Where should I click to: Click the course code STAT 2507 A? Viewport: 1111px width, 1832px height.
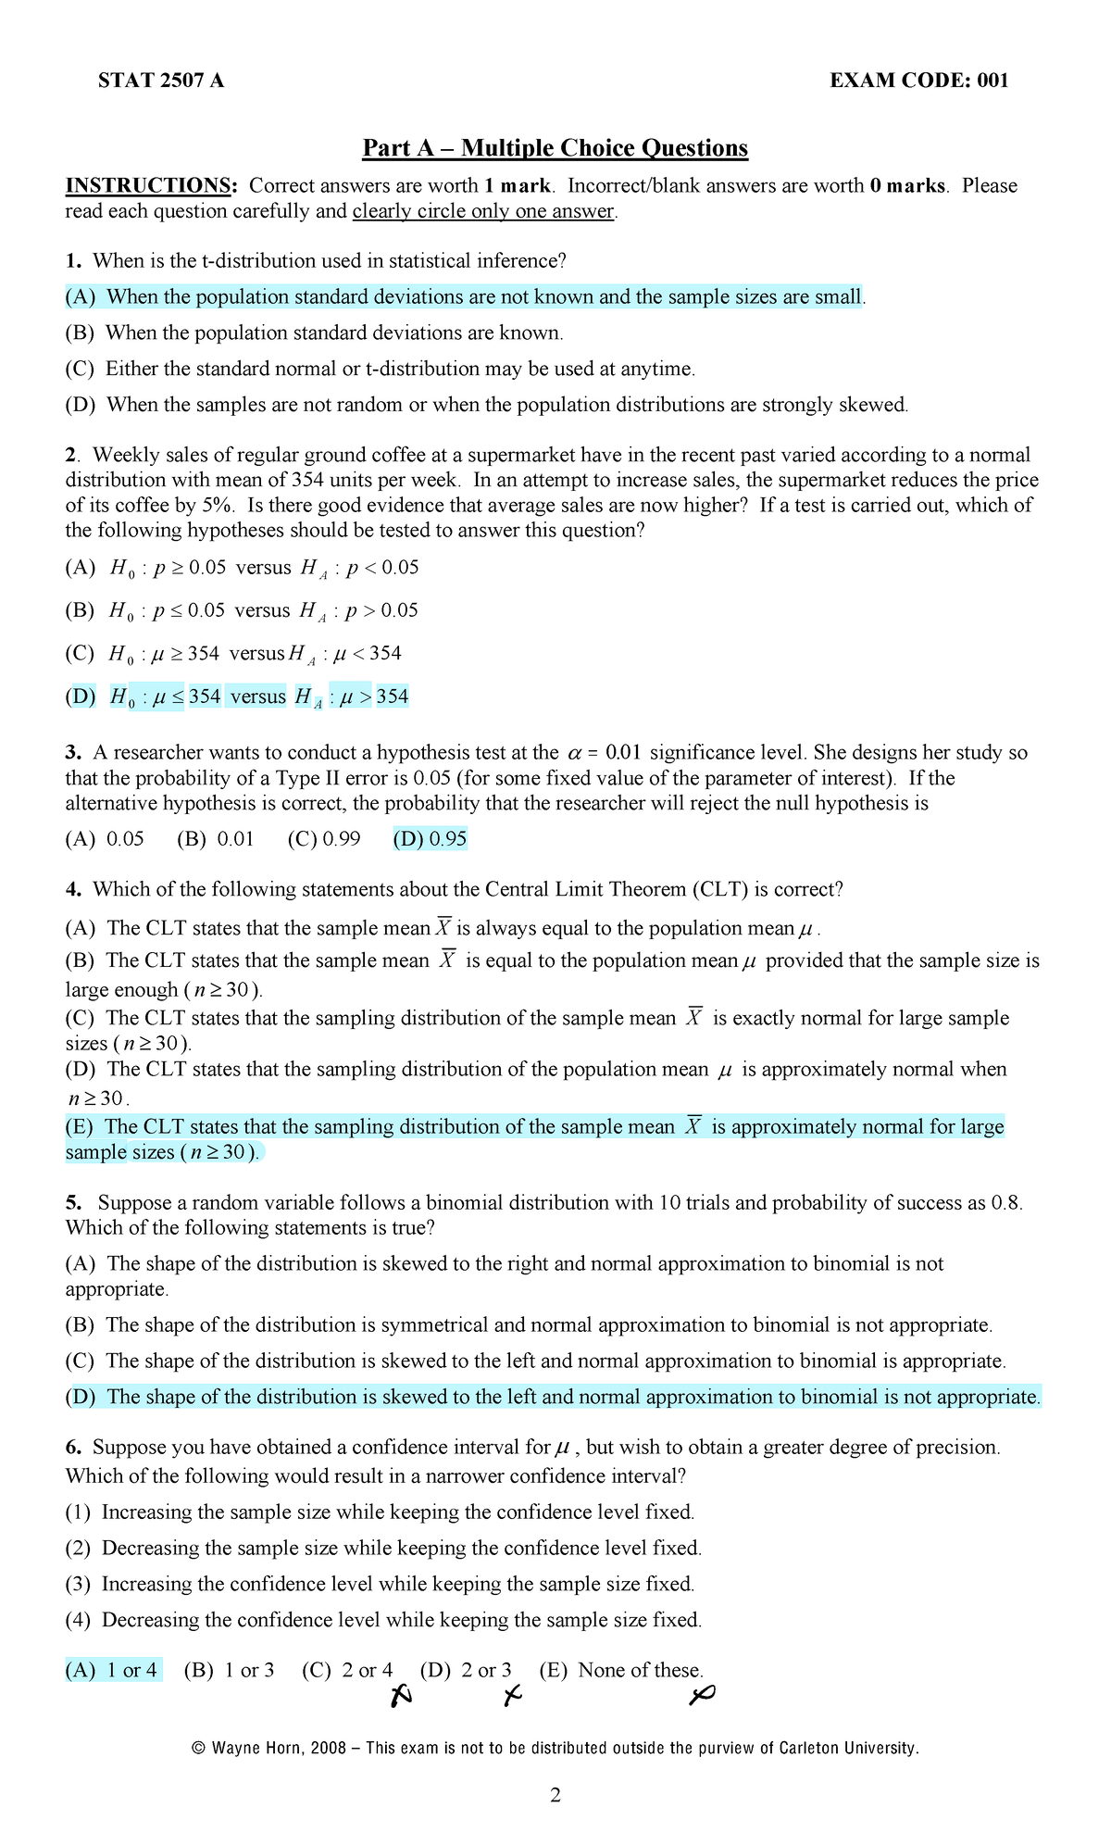[161, 81]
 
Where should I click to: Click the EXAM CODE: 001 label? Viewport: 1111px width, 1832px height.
[918, 81]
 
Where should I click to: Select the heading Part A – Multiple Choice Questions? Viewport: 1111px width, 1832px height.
[555, 148]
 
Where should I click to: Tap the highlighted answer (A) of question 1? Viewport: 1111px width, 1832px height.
[463, 297]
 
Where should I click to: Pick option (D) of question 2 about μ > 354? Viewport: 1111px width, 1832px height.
[237, 696]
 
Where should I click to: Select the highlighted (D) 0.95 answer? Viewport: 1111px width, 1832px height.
[430, 839]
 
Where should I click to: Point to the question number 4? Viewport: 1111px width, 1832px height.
[73, 889]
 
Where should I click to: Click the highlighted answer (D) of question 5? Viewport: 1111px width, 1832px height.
[554, 1397]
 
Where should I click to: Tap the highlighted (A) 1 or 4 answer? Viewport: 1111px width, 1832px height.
[113, 1670]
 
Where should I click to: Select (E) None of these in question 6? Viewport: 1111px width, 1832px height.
[621, 1670]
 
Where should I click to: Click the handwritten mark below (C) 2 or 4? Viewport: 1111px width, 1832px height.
[400, 1696]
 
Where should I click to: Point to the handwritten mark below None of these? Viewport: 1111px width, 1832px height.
[702, 1695]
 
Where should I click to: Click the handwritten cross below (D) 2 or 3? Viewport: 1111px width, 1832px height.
[512, 1696]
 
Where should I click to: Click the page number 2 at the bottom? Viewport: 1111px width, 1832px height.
[555, 1795]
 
